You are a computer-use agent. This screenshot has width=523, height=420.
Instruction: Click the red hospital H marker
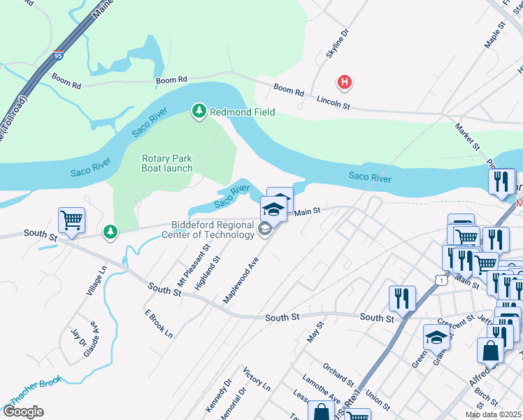[x=344, y=83]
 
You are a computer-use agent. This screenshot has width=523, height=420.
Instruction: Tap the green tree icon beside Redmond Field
[x=199, y=111]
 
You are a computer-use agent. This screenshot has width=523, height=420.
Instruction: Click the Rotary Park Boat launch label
[x=166, y=164]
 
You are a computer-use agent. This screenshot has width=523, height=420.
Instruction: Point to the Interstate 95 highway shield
[x=57, y=54]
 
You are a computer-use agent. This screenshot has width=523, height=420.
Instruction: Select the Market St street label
[x=466, y=137]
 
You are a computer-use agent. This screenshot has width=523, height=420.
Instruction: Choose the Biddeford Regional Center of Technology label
[x=213, y=230]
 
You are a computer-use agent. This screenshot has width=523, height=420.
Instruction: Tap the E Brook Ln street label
[x=158, y=323]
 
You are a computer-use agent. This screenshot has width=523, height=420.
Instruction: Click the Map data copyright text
[x=492, y=414]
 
